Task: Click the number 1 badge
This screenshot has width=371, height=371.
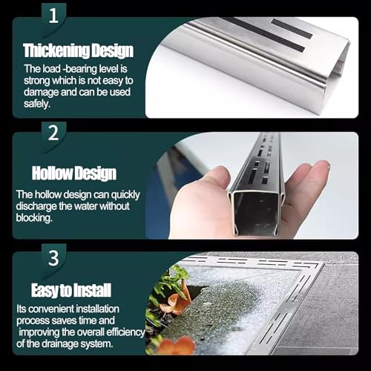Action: point(51,15)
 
